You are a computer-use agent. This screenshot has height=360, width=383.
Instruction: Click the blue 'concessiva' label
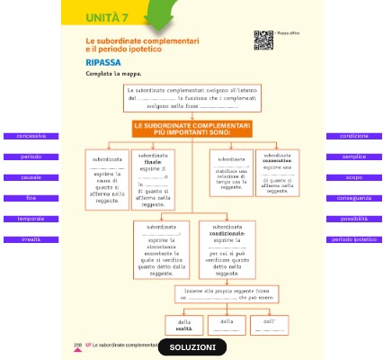(x=31, y=136)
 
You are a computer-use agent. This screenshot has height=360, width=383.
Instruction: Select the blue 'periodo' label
(x=31, y=157)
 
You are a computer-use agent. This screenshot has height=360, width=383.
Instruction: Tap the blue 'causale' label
(x=31, y=177)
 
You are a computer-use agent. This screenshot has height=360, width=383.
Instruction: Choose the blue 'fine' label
(x=31, y=198)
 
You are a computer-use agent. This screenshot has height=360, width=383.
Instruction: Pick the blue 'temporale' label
(x=31, y=219)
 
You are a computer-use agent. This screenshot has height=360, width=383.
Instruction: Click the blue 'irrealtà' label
(x=31, y=239)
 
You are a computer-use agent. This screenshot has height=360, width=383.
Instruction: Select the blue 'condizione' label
(x=353, y=136)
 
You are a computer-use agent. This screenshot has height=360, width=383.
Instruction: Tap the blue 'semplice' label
(x=353, y=157)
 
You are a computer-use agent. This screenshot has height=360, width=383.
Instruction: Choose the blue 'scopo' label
(x=353, y=177)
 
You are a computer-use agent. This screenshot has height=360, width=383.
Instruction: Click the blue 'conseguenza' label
(x=353, y=198)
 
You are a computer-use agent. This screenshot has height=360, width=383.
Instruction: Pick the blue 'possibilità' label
(x=353, y=219)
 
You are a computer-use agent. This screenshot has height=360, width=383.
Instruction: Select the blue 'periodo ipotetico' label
(x=353, y=239)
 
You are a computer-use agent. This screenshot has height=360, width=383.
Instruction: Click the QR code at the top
(x=263, y=39)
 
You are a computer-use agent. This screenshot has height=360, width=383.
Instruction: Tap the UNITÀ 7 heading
(x=107, y=18)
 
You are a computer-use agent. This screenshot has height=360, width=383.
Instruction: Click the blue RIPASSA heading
(x=103, y=63)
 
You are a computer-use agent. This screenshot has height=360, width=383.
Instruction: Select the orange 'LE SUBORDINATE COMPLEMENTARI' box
(x=192, y=130)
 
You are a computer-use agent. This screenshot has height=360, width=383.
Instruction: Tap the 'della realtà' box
(x=183, y=325)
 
